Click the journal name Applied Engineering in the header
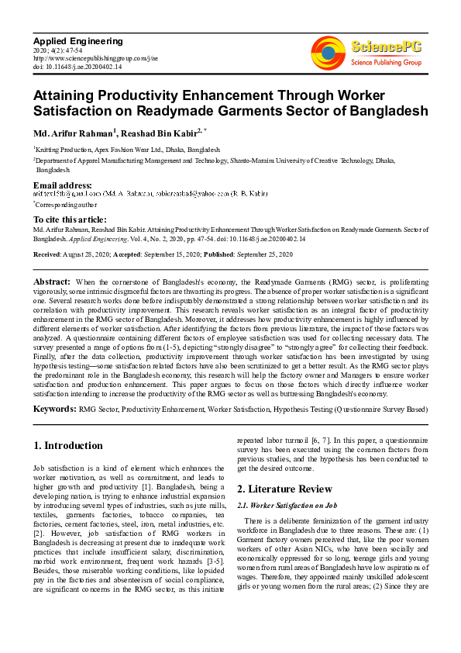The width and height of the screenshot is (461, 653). click(x=77, y=40)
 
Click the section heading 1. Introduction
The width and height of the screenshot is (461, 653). click(x=70, y=446)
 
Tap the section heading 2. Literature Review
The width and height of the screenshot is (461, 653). click(x=285, y=489)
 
